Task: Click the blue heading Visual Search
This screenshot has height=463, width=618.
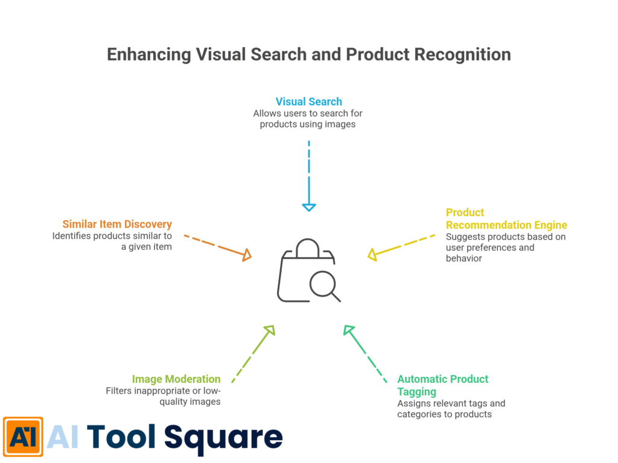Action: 308,101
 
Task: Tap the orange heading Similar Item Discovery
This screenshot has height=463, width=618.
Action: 117,224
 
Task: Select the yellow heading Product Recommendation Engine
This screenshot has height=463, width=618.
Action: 506,219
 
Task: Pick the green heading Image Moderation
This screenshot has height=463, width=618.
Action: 176,379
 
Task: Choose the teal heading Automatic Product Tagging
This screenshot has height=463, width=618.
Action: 442,385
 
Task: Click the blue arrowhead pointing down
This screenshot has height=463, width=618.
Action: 308,207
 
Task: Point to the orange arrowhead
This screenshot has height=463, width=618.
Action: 246,256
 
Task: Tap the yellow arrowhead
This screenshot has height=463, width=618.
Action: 372,255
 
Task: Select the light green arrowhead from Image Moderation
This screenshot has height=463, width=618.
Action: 269,330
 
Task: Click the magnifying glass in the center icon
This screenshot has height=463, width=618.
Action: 323,284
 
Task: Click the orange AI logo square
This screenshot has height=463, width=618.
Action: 22,436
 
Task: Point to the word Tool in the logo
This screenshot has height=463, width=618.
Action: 122,436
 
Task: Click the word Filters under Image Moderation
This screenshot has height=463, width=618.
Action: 120,391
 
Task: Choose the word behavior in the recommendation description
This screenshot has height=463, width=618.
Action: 464,258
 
